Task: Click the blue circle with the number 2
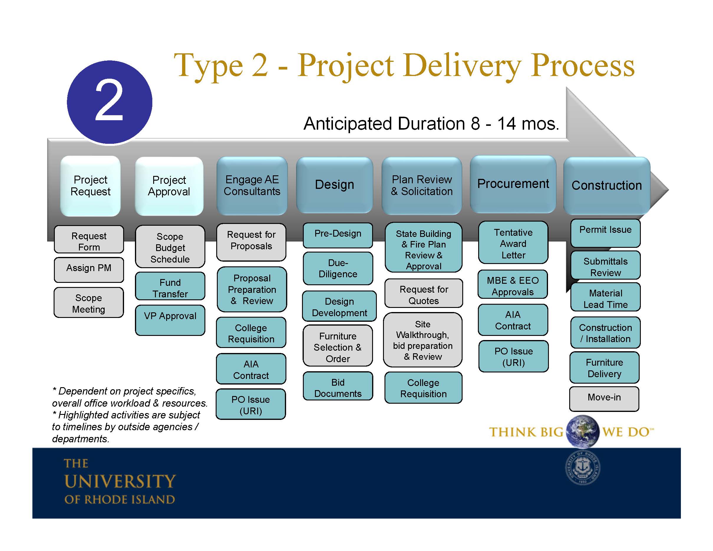click(x=109, y=102)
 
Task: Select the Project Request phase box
click(x=90, y=186)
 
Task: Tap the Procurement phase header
click(x=513, y=184)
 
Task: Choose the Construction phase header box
click(x=607, y=185)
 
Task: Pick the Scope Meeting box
click(x=89, y=303)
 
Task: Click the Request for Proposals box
click(x=251, y=241)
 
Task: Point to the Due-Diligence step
click(x=338, y=268)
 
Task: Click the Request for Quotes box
click(x=424, y=294)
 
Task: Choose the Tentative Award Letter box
click(x=513, y=243)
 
